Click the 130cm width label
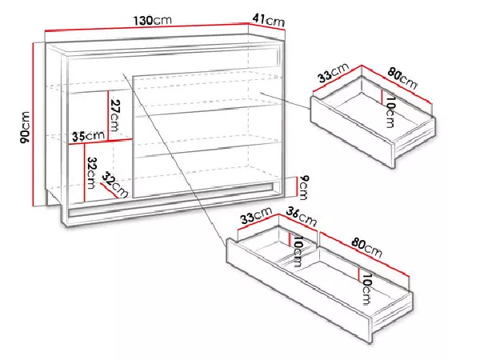coord(152,21)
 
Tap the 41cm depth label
coord(269,21)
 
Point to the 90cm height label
coord(25,127)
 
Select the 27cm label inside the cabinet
coord(114,115)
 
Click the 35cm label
coord(88,136)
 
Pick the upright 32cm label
coord(91,173)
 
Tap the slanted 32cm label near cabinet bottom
coord(114,184)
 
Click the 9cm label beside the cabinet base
coord(302,187)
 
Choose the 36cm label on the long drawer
coord(301,217)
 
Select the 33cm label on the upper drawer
coord(333,73)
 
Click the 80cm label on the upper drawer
coord(402,78)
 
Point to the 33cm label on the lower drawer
coord(256,215)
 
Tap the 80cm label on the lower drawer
coord(366,247)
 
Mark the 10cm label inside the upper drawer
coord(390,112)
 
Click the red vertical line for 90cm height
coord(33,124)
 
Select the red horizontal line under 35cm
coord(100,142)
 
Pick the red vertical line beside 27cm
coord(108,115)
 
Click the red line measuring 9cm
coord(296,187)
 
